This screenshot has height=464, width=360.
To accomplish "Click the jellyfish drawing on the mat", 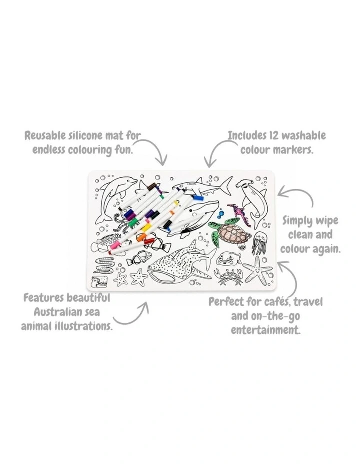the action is pos(259,243).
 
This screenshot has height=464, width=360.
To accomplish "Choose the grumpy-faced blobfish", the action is pos(228,259).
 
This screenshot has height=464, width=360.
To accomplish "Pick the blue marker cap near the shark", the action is pos(198,197).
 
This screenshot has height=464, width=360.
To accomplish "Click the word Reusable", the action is pos(45,136).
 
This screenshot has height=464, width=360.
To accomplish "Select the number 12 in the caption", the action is pos(272,136).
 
